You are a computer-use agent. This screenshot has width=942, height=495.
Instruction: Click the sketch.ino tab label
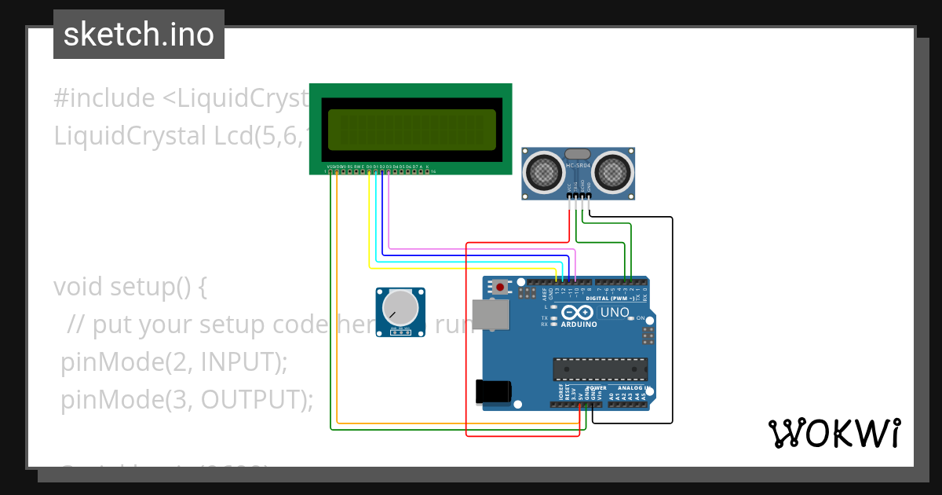[x=138, y=35]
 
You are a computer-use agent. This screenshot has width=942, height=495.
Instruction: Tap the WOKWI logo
[x=834, y=433]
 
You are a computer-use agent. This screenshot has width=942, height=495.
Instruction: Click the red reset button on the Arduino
[x=501, y=287]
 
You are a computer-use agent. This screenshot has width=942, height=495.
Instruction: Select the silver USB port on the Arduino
[x=490, y=313]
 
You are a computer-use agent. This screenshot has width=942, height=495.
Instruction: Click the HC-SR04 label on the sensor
[x=578, y=166]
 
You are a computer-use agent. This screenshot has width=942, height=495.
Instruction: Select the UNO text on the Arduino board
[x=615, y=313]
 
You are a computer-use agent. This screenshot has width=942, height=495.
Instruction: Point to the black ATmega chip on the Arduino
[x=601, y=368]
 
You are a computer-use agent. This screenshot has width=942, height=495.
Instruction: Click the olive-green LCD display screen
[x=412, y=130]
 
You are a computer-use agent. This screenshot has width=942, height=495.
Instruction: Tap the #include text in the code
[x=104, y=98]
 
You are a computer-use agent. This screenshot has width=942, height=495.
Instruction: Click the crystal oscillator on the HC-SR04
[x=578, y=154]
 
